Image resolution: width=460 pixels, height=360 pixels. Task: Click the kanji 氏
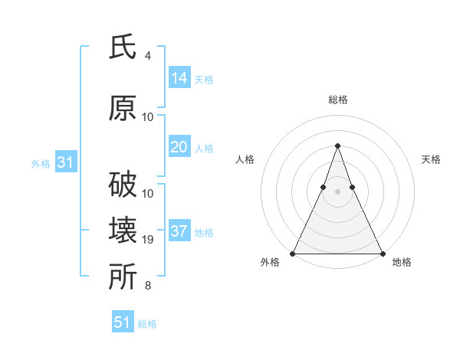click(x=123, y=47)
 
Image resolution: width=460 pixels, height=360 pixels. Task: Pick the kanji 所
click(x=123, y=277)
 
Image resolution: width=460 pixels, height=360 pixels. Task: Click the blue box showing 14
click(x=179, y=77)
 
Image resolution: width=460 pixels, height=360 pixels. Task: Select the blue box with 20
click(x=179, y=147)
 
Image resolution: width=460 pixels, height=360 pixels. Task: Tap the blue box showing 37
click(x=179, y=231)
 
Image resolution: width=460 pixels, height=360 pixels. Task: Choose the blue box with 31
click(x=65, y=162)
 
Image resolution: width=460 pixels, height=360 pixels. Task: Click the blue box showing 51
click(x=123, y=322)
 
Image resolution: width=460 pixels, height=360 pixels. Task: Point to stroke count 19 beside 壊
click(x=148, y=241)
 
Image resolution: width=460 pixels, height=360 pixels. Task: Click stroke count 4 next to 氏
click(x=148, y=56)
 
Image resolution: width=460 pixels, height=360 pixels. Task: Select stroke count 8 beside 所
click(x=148, y=286)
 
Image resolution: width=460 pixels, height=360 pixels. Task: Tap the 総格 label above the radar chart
click(x=337, y=100)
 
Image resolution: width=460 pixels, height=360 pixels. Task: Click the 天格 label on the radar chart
click(x=431, y=159)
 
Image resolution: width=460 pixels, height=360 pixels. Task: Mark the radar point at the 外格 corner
click(x=293, y=253)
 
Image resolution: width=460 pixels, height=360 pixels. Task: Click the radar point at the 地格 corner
click(x=382, y=253)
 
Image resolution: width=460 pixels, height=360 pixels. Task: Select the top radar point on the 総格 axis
click(x=337, y=146)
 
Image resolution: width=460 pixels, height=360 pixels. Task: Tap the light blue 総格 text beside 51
click(x=147, y=324)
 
